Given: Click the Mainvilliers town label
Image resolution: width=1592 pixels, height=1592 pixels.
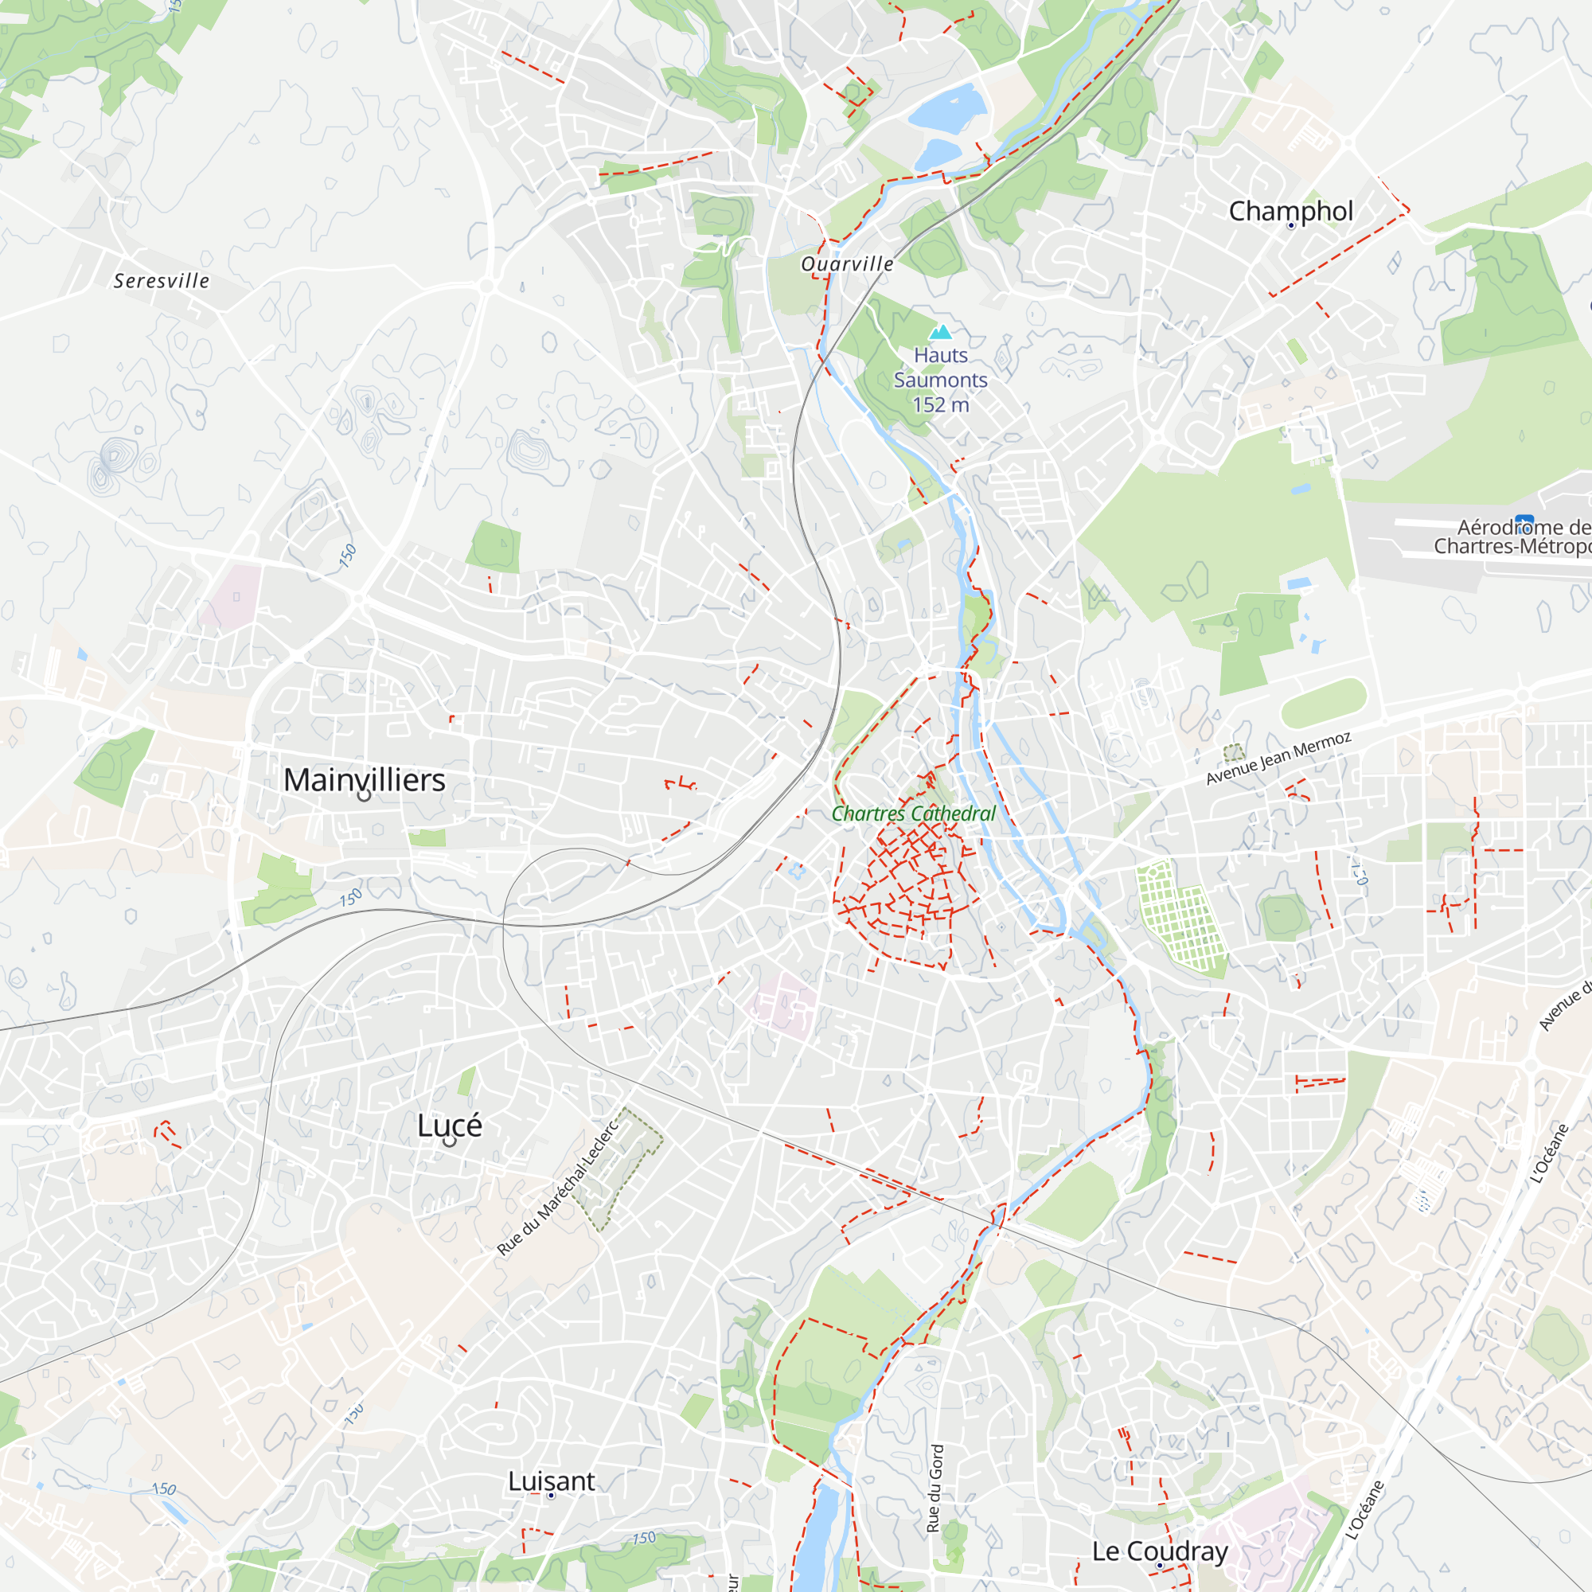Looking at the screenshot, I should [365, 779].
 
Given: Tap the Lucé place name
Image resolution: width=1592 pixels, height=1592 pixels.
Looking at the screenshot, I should [449, 1125].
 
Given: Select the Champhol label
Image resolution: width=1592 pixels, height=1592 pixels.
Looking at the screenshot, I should [1290, 211].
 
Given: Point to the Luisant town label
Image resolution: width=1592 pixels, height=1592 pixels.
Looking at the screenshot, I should [551, 1481].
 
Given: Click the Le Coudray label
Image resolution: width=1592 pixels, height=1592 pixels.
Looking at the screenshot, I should [1160, 1551].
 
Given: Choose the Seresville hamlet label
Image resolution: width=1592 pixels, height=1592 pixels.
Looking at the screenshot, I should [162, 281].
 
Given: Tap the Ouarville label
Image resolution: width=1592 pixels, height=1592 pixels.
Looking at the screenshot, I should [847, 263].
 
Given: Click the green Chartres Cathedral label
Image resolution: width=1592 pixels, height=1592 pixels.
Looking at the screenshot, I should [913, 814].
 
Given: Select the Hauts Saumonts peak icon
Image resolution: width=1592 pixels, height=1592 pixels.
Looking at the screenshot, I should [940, 332].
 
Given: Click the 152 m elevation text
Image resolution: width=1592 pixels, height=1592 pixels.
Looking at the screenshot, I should [940, 404].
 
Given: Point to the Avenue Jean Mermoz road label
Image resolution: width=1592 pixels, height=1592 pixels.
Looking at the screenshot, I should [1278, 758].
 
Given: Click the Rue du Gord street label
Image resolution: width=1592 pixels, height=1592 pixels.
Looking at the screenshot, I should [934, 1489].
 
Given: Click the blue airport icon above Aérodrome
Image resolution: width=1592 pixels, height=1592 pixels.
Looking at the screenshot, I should [1524, 521].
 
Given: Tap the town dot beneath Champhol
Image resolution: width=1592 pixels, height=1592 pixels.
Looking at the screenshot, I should [1291, 226].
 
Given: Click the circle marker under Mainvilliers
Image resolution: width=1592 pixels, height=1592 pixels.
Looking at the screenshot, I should [365, 796].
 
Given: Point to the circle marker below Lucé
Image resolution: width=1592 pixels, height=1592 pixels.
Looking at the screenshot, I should [449, 1141].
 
